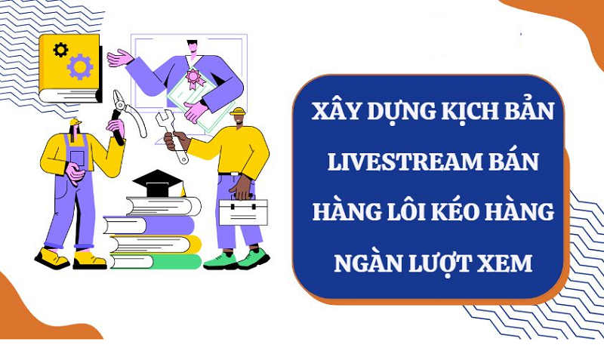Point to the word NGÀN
[x=349, y=263]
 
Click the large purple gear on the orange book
[x=79, y=66]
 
